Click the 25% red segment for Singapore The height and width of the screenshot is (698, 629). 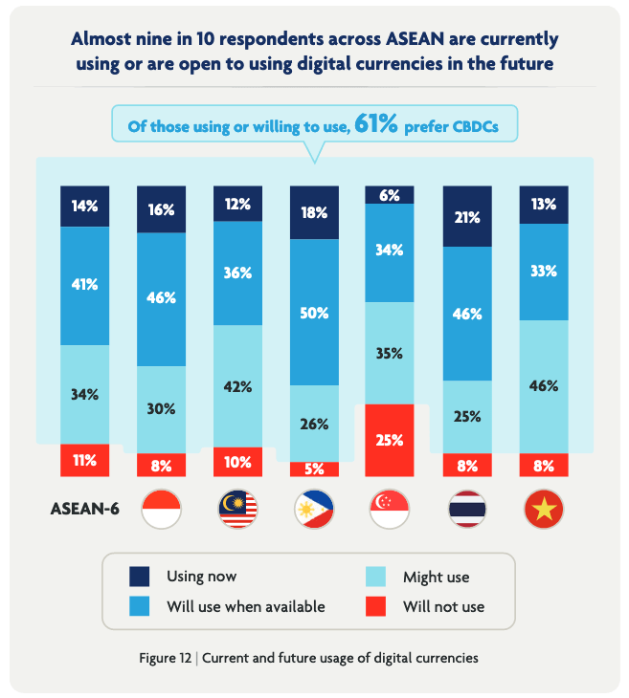click(x=391, y=440)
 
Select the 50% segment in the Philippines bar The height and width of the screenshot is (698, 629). click(x=314, y=312)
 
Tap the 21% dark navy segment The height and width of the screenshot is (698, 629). click(x=467, y=216)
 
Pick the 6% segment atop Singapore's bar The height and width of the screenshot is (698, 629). click(x=391, y=194)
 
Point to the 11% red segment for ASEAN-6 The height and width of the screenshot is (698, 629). click(x=84, y=460)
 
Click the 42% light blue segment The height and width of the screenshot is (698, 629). click(x=237, y=386)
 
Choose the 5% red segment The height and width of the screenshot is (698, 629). click(x=314, y=469)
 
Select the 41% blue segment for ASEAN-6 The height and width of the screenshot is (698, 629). click(x=84, y=285)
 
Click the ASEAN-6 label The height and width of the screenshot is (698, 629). click(x=84, y=509)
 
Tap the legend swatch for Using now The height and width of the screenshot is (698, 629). click(x=140, y=576)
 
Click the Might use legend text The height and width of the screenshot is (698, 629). click(x=438, y=577)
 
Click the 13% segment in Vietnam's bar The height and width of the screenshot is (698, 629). click(x=543, y=204)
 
